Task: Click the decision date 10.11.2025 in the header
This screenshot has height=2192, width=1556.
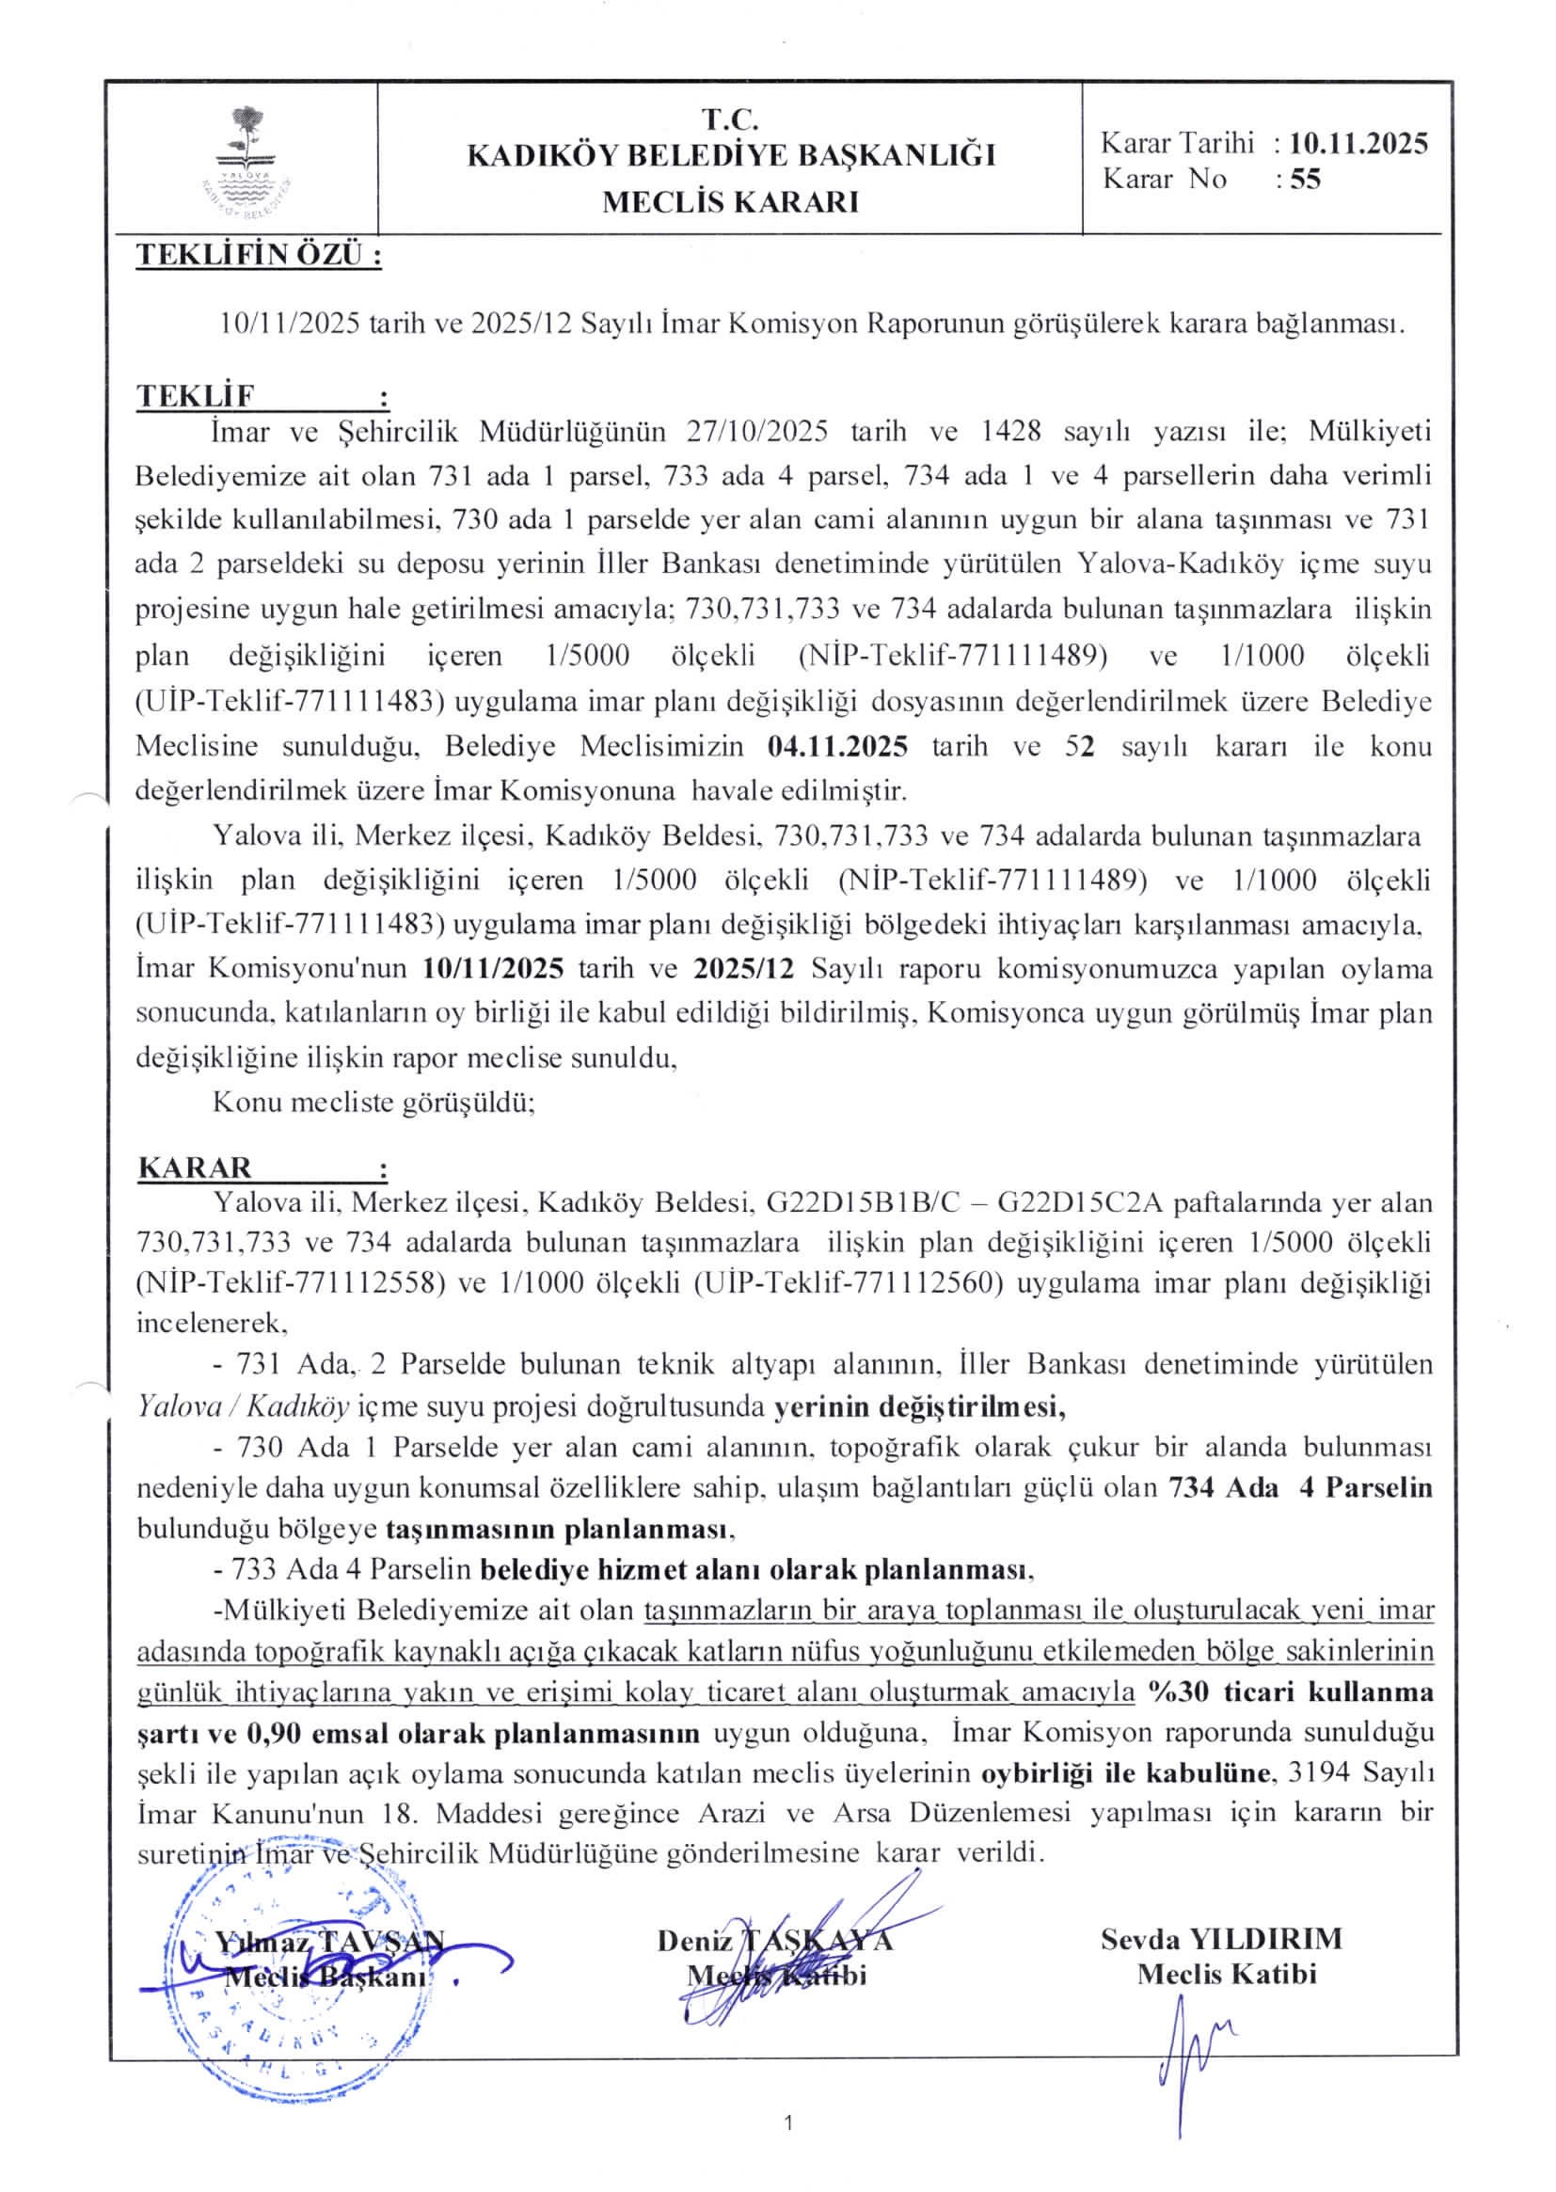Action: tap(1358, 144)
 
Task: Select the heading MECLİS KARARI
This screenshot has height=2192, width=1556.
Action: tap(730, 202)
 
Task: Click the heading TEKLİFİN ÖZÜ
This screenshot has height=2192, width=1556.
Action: tap(259, 256)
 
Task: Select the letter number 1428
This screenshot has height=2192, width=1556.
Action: tap(1012, 431)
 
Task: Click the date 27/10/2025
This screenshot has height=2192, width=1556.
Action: tap(757, 431)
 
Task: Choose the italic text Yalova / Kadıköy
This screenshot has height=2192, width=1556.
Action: tap(244, 1406)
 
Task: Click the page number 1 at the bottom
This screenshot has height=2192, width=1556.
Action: tap(787, 2150)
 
